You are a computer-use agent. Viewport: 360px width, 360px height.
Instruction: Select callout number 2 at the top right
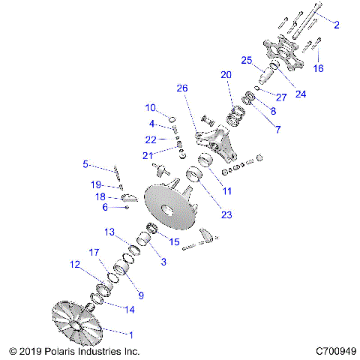click(x=337, y=25)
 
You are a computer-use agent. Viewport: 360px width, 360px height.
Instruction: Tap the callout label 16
click(x=319, y=67)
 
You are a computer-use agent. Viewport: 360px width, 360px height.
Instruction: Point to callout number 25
click(x=245, y=60)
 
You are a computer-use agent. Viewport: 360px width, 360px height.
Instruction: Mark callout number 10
click(x=150, y=107)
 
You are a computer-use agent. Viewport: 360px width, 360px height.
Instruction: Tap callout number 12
click(x=75, y=264)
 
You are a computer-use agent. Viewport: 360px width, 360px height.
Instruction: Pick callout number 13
click(x=109, y=232)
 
